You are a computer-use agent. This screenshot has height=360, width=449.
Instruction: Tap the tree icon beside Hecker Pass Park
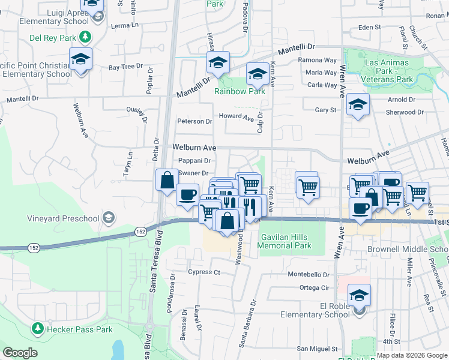click(38, 329)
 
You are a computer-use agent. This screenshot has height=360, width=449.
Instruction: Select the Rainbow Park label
click(240, 92)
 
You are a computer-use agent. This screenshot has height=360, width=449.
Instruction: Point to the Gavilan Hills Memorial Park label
click(285, 241)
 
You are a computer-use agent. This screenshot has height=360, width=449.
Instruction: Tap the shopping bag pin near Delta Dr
click(166, 179)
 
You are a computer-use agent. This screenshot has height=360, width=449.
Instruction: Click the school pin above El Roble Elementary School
click(359, 295)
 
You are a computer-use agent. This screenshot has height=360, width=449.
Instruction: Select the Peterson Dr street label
click(194, 121)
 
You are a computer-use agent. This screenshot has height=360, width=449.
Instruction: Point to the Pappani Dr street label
click(194, 161)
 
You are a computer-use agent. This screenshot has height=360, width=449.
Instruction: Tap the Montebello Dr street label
click(309, 274)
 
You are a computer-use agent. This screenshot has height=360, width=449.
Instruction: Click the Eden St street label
click(369, 28)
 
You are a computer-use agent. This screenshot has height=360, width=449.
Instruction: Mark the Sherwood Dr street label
click(405, 112)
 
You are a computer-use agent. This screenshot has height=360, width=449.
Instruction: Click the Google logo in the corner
click(20, 353)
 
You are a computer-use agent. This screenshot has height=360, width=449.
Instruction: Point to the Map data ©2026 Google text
click(412, 355)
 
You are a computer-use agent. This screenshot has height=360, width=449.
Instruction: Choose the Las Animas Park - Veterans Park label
click(387, 71)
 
